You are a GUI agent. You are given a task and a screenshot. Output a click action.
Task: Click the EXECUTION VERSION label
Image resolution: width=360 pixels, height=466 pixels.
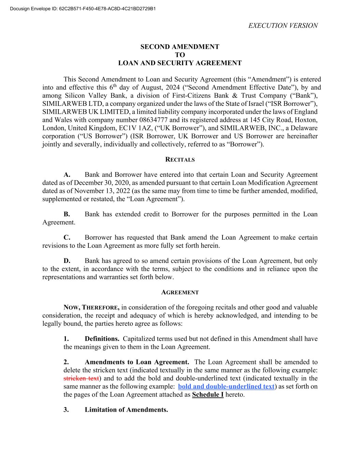click(x=283, y=26)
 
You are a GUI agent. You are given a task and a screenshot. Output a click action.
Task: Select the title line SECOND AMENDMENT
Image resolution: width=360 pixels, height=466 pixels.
click(x=180, y=47)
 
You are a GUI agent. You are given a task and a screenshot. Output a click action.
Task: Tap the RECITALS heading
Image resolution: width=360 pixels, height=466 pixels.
click(x=180, y=159)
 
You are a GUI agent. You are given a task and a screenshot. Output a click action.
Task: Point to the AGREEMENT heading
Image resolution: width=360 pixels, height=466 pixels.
click(x=180, y=292)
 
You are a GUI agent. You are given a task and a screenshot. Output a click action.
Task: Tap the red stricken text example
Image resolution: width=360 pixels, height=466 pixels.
click(x=81, y=378)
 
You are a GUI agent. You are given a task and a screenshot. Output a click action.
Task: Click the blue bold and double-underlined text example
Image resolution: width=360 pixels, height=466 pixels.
click(x=226, y=386)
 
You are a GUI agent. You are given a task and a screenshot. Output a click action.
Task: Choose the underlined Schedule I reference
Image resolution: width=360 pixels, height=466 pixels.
click(x=208, y=395)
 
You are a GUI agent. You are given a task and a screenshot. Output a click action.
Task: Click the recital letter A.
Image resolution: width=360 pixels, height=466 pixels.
click(x=67, y=175)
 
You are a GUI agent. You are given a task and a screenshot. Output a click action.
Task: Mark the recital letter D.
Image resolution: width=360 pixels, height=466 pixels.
click(x=67, y=261)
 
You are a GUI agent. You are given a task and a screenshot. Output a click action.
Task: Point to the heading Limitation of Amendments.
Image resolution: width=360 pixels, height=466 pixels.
click(x=126, y=410)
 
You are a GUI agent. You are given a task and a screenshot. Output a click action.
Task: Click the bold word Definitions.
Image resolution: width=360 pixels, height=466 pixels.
click(x=102, y=339)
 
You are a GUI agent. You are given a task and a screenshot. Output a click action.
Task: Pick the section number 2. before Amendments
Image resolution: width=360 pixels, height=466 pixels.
click(x=66, y=362)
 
